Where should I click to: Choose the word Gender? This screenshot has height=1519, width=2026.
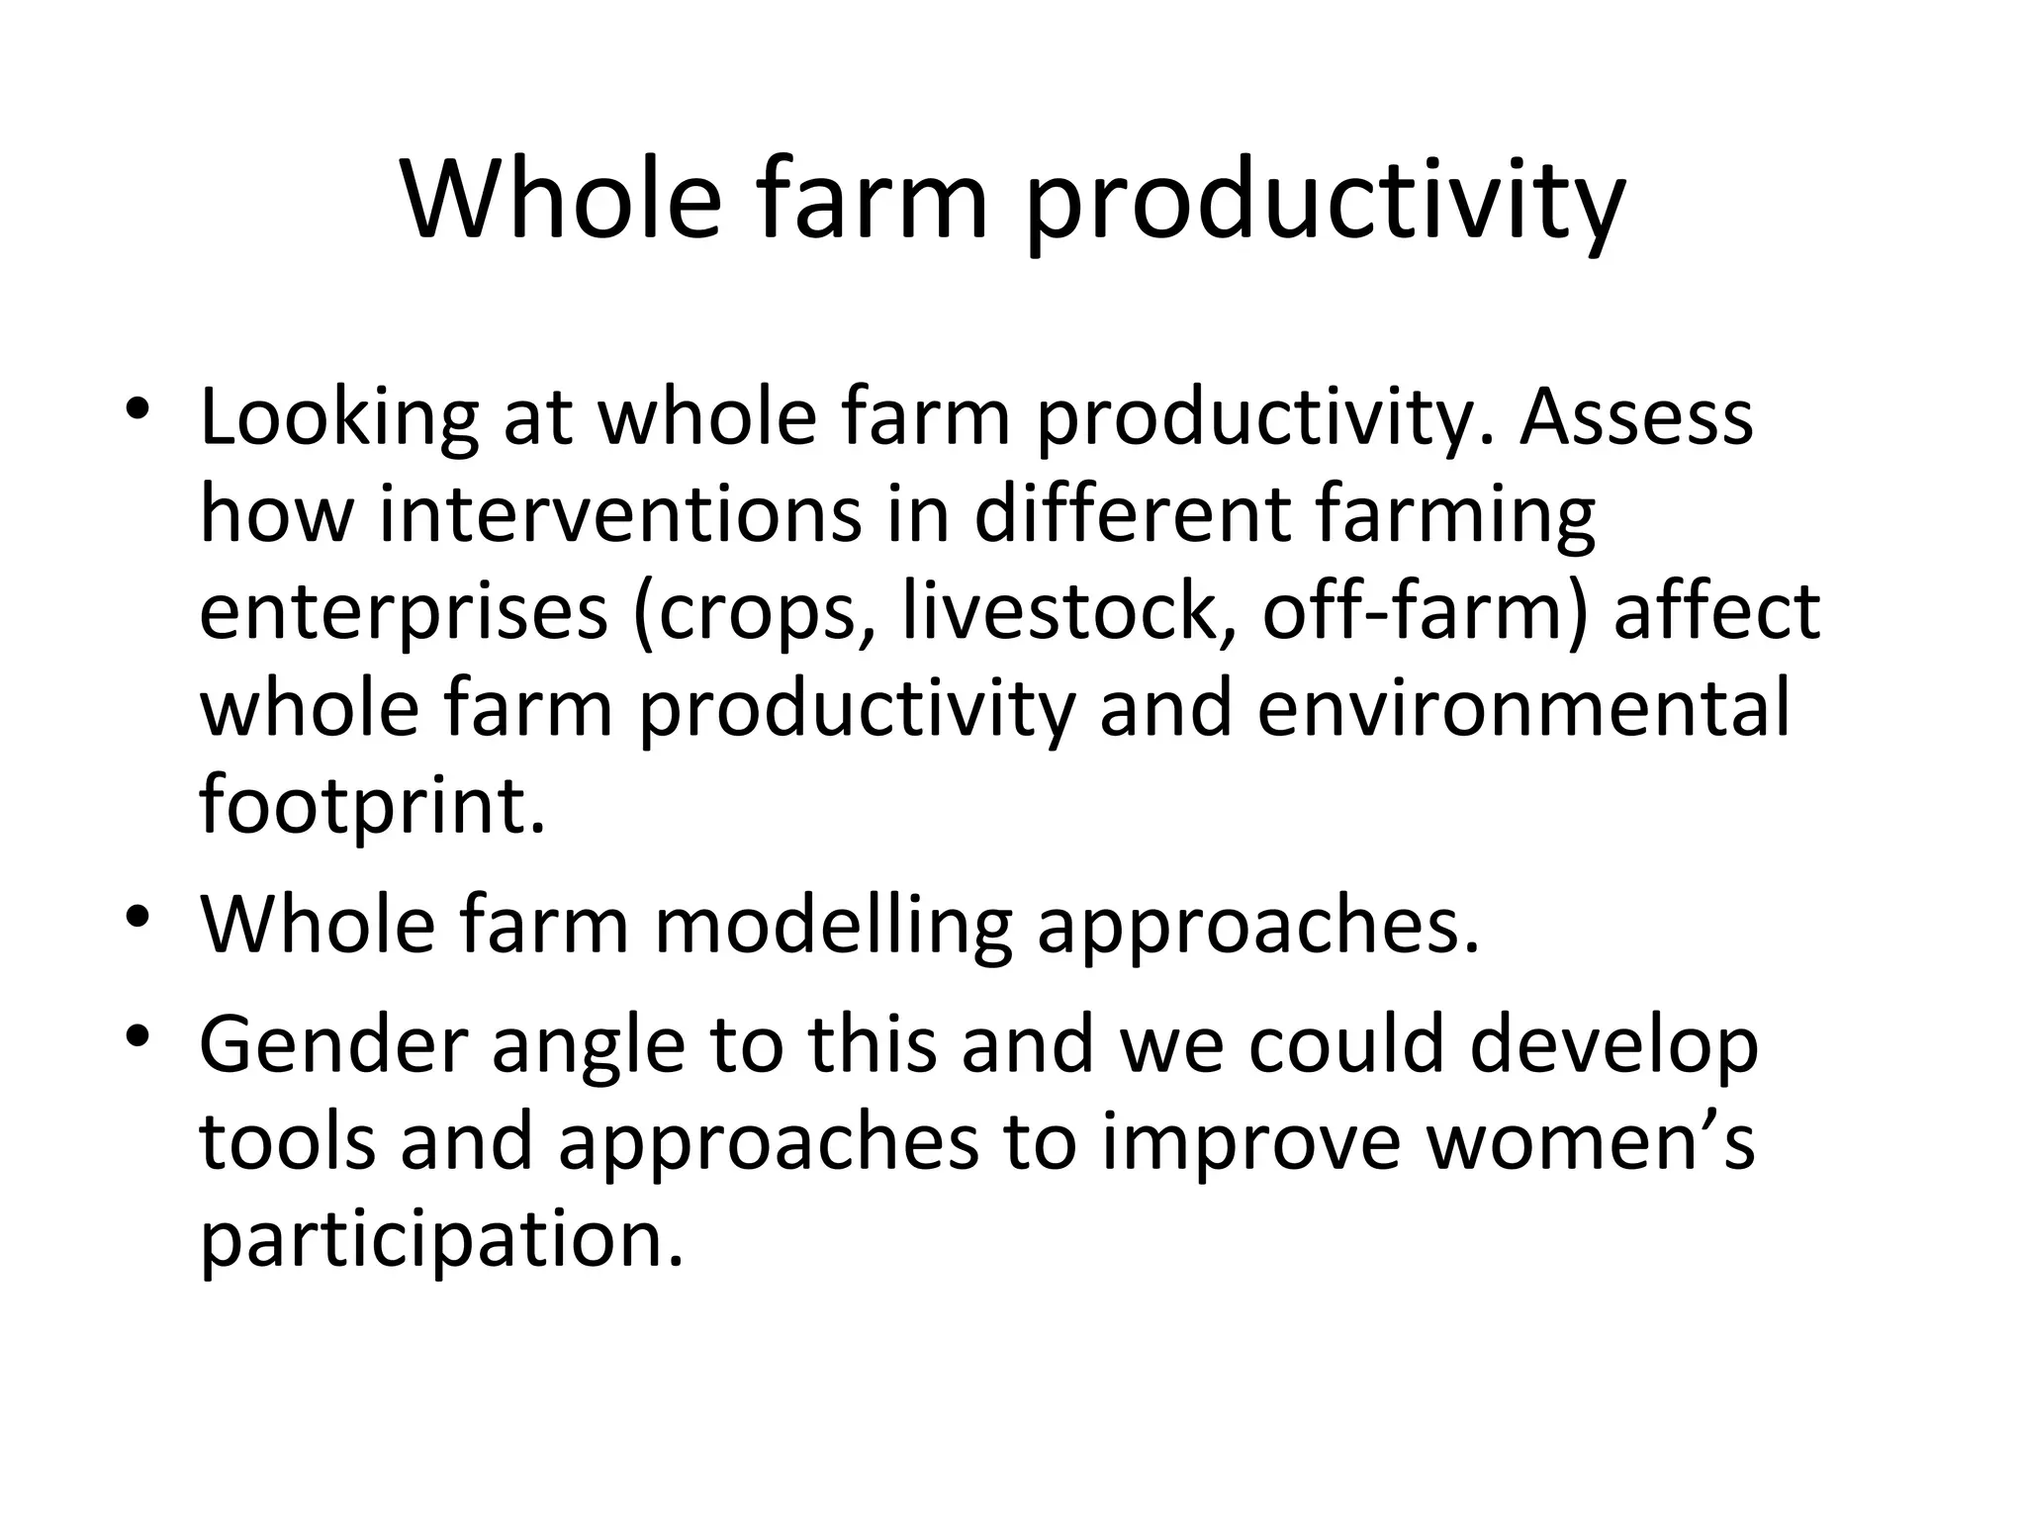333,1046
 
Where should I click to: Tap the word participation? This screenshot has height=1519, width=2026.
441,1242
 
